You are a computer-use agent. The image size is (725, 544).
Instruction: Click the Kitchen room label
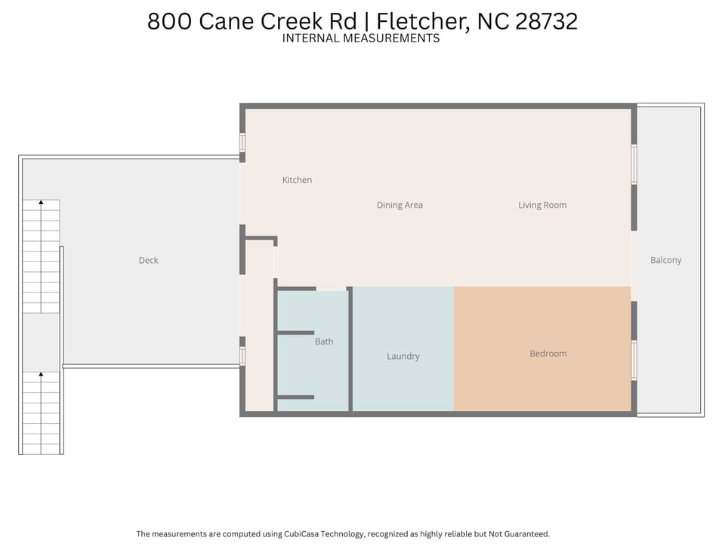coord(297,180)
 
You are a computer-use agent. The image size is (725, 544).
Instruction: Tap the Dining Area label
coord(400,205)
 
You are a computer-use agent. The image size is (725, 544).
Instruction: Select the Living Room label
coord(542,205)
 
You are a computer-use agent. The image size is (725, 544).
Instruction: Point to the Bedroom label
coord(548,354)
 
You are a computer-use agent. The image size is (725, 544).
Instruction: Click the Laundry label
coord(403,356)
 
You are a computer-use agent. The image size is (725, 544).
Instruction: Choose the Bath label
coord(324,342)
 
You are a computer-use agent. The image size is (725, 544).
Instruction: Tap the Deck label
coord(149,261)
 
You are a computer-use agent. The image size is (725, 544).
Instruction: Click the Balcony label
coord(666,260)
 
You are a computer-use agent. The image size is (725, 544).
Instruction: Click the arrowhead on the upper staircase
coord(41,202)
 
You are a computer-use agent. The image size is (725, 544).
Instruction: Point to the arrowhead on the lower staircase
coord(41,374)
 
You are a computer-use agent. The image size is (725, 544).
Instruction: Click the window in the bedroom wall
coord(634,360)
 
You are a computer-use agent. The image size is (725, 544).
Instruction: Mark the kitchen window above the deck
coord(242,143)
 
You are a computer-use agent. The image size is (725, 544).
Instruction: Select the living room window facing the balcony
coord(634,164)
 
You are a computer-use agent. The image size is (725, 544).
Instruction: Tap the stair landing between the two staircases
coord(41,342)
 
